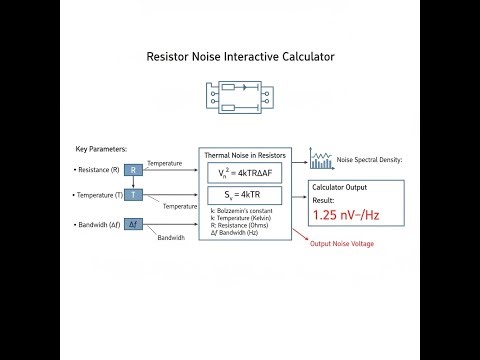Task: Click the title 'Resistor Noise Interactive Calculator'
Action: pos(240,58)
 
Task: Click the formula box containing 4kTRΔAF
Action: pos(244,173)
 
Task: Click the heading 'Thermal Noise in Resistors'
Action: pos(244,156)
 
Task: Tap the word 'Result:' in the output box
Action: pos(325,199)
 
